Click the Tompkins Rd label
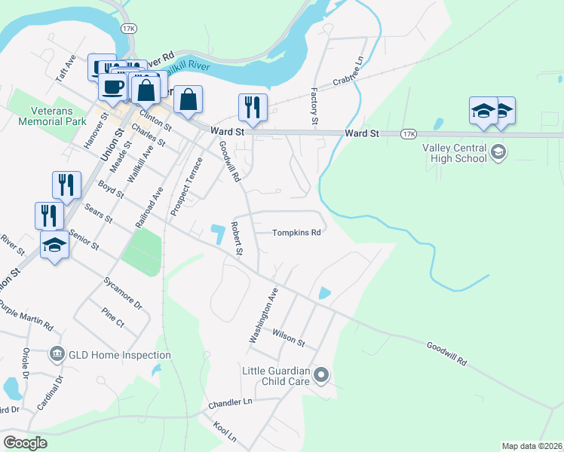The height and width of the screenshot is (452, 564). point(296,233)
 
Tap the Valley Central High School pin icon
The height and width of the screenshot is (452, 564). point(498,153)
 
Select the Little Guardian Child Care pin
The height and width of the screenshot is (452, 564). point(321,374)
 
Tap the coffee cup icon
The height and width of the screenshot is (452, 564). point(112,86)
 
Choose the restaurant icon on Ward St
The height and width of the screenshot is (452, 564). point(252,107)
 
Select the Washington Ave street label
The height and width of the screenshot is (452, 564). point(264,315)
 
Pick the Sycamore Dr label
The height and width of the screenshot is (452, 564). point(127,293)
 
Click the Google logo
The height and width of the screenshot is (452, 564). point(25,442)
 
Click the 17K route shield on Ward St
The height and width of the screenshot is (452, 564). point(408,134)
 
